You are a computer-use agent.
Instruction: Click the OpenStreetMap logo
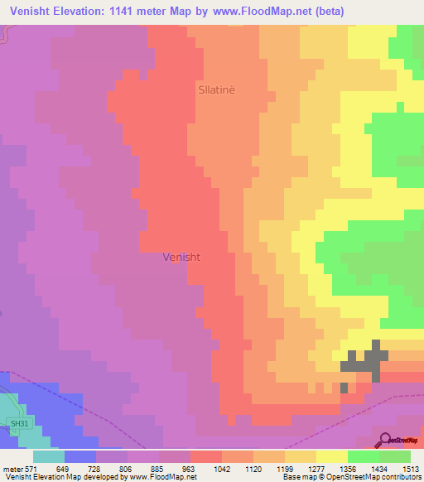[x=395, y=440]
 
